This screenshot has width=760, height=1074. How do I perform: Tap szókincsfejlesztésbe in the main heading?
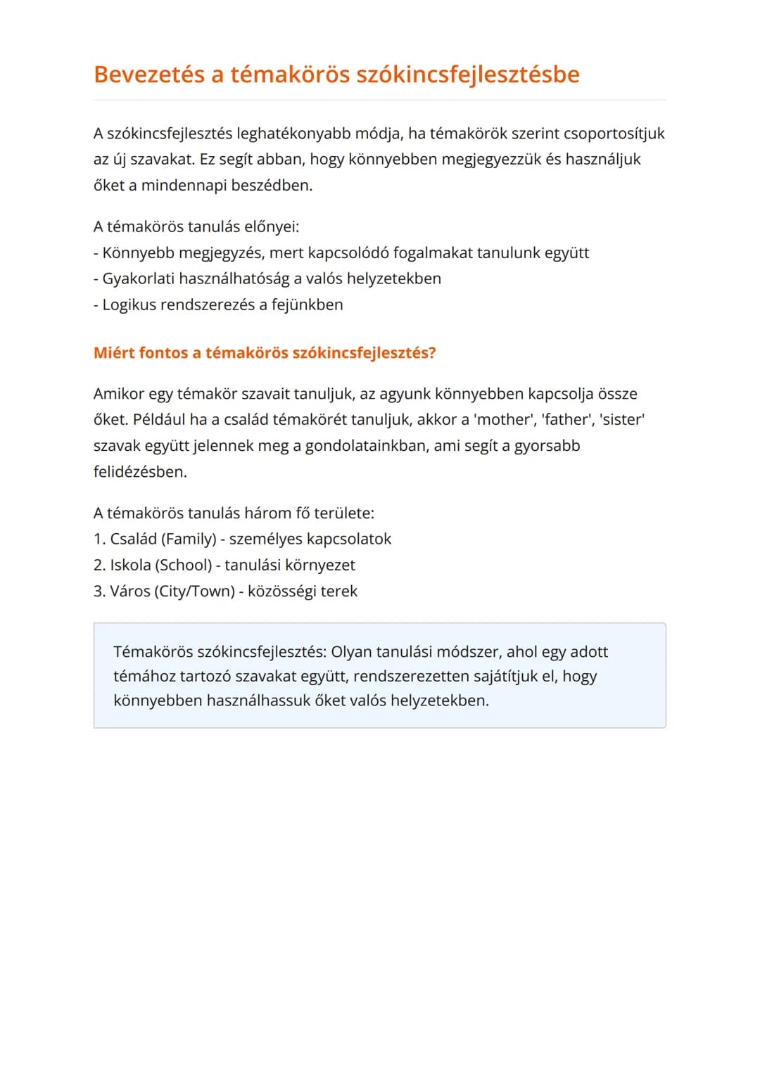pyautogui.click(x=468, y=75)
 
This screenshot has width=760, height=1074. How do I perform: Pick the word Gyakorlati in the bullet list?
pyautogui.click(x=138, y=279)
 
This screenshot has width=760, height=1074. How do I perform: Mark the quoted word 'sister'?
pyautogui.click(x=623, y=420)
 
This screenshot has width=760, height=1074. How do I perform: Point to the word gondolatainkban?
pyautogui.click(x=365, y=446)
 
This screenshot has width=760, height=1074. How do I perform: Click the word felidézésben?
pyautogui.click(x=140, y=472)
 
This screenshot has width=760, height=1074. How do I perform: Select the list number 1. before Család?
pyautogui.click(x=99, y=539)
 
